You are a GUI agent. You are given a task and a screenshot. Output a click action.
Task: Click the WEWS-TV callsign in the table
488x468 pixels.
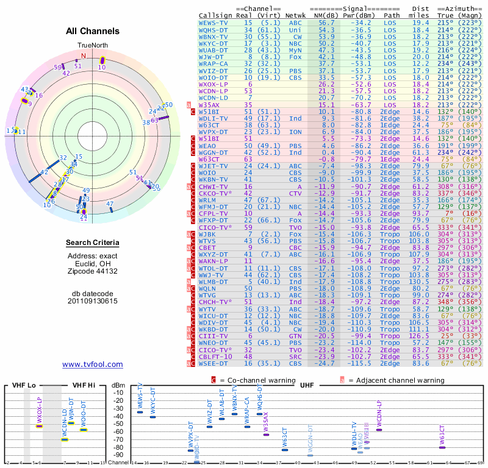(213, 23)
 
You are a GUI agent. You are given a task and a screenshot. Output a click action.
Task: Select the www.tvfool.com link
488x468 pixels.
(93, 364)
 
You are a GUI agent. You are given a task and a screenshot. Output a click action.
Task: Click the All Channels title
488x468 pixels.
(93, 31)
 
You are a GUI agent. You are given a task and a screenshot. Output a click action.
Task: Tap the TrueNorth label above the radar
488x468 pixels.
(92, 46)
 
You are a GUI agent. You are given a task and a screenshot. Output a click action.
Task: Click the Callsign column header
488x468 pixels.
(216, 15)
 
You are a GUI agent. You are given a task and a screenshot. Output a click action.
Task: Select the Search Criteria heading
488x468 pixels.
(93, 243)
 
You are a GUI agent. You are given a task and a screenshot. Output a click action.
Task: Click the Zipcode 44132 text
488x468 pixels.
(93, 270)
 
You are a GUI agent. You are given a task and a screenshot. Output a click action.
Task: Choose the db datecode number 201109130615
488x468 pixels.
(93, 301)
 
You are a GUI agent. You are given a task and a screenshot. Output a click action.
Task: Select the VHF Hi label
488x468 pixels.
(84, 385)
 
